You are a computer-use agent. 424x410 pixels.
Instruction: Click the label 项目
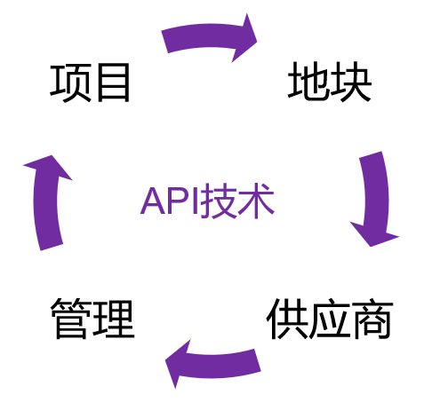(90, 83)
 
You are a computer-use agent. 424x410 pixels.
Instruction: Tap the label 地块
(330, 82)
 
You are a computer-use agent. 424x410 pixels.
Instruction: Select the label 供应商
(330, 319)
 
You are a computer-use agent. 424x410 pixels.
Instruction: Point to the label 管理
(92, 319)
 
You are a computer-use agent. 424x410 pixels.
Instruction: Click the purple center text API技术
(207, 201)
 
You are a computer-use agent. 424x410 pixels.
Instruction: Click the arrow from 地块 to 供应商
(376, 198)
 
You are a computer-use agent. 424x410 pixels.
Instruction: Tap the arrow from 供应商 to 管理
(214, 365)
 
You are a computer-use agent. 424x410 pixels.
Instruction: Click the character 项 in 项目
(70, 83)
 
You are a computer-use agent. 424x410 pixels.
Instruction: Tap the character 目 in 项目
(114, 83)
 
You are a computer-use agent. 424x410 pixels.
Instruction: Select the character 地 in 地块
(308, 82)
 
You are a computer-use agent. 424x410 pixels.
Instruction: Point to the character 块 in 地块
(351, 82)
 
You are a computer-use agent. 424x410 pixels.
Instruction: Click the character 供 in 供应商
(287, 319)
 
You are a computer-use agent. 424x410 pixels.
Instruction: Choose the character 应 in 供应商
(330, 319)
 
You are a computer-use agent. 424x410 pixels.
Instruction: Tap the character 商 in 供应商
(372, 319)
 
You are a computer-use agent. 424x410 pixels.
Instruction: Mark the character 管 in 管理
(71, 319)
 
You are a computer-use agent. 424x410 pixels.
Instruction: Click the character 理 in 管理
(115, 319)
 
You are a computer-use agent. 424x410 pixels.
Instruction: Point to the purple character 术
(256, 201)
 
